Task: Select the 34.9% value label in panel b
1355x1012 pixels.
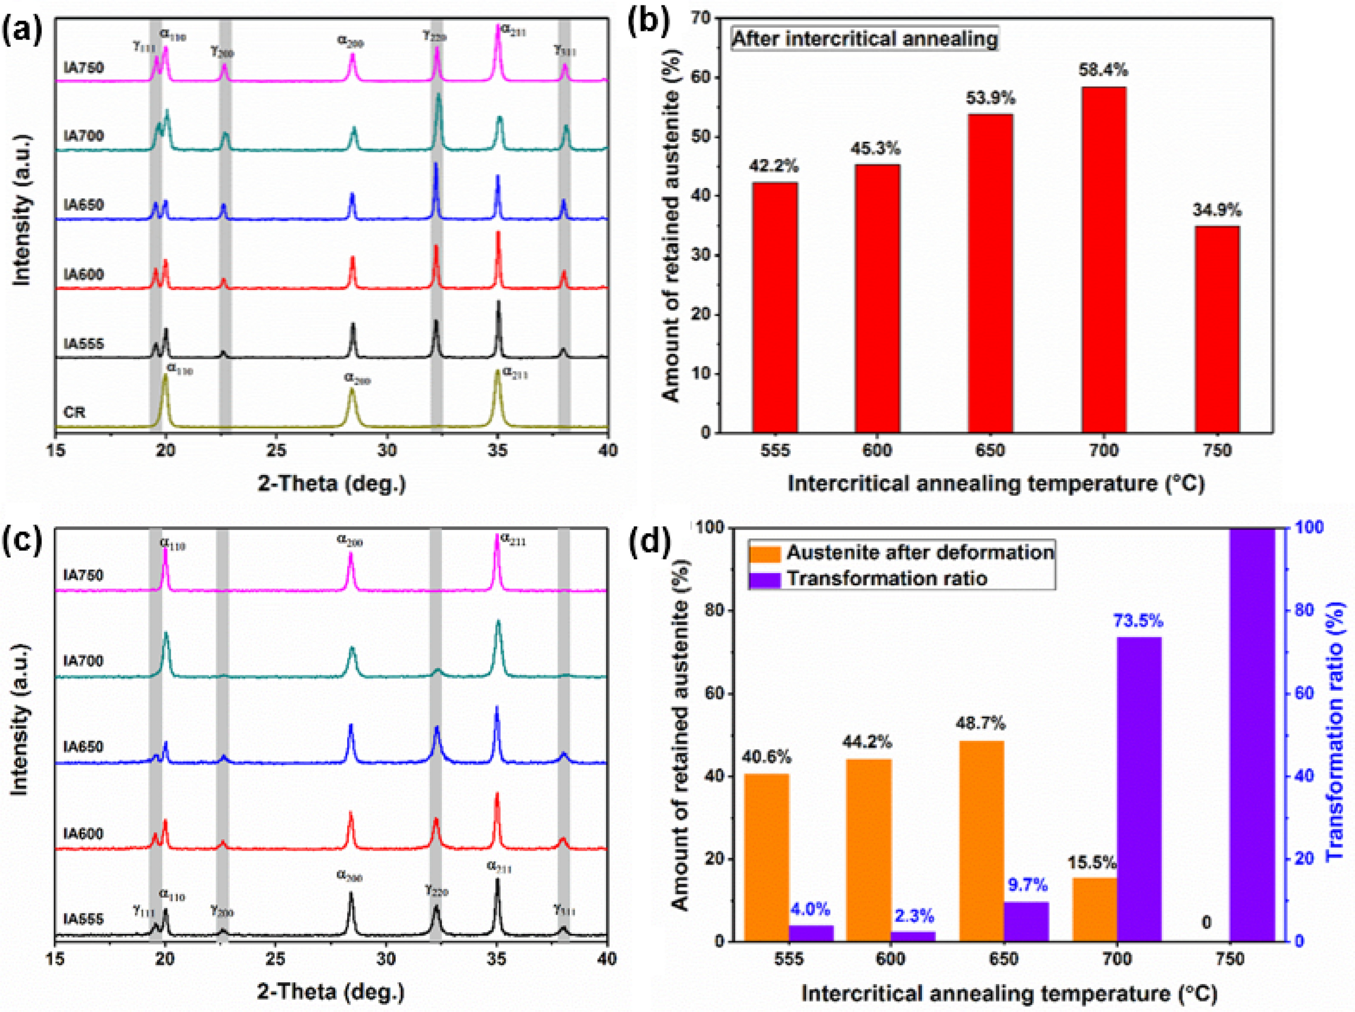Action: point(1217,210)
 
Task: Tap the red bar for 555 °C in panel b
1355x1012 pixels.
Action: point(775,307)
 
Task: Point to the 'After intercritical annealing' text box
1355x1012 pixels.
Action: point(865,39)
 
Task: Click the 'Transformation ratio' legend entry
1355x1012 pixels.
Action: point(886,578)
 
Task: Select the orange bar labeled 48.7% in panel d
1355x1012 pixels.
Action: point(981,840)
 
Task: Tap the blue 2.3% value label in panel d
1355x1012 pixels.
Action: point(913,916)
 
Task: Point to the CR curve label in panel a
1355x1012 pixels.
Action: point(75,412)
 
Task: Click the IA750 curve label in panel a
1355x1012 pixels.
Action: point(84,67)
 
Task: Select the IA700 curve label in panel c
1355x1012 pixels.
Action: point(84,660)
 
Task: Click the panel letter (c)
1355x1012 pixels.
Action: point(23,541)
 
